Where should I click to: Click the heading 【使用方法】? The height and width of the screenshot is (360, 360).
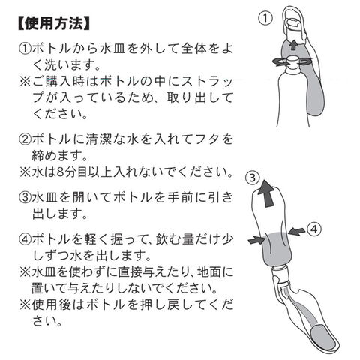point(54,24)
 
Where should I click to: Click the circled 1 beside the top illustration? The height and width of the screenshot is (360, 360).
point(265,19)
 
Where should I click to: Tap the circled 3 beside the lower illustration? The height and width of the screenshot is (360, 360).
point(253,178)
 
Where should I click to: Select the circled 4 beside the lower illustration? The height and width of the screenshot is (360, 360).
point(314,229)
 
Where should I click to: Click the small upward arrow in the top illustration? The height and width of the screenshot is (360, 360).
point(294,46)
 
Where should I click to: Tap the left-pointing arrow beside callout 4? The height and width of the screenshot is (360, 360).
point(296,231)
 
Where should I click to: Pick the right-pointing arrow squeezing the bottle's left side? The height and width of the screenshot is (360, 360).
point(256,240)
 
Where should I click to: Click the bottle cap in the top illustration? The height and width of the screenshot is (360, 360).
point(293,61)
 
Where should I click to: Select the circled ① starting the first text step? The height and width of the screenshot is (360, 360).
point(25,48)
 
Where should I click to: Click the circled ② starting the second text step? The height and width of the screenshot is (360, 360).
point(25,139)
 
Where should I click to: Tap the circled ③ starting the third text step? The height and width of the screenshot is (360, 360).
point(25,197)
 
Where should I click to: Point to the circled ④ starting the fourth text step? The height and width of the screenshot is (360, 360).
point(25,239)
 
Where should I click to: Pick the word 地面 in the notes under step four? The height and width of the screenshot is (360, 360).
point(210,272)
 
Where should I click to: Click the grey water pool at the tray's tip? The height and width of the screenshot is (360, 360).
point(322,337)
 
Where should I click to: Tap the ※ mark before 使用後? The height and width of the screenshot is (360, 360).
point(25,304)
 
